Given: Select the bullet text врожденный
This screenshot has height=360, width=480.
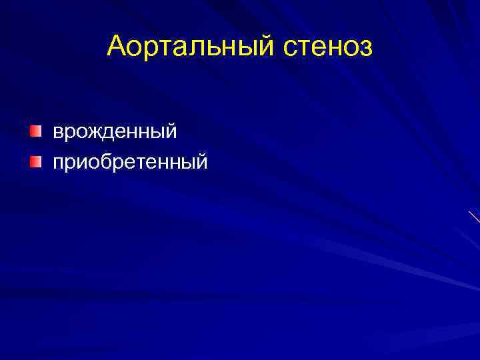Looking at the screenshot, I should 115,132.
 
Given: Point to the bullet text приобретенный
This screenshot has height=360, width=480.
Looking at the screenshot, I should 131,161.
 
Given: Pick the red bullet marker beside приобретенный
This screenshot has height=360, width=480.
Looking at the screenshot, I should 35,160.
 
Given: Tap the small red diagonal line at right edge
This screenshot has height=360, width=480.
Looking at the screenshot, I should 474,217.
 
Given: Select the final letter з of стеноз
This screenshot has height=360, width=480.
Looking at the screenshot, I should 367,48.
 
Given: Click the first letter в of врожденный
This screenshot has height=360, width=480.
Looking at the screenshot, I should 59,132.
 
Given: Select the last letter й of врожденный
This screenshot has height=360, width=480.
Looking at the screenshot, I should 171,131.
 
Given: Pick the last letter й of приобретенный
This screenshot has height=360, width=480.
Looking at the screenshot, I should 202,161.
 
